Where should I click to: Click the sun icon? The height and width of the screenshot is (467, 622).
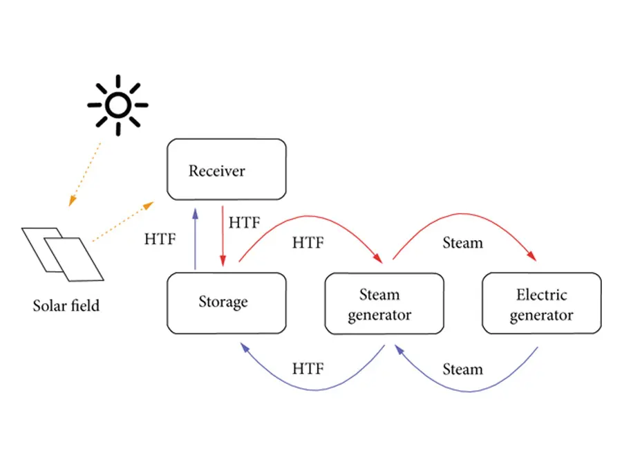[117, 105]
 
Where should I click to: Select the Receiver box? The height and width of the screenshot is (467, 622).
[226, 170]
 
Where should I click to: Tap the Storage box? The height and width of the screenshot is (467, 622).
[226, 302]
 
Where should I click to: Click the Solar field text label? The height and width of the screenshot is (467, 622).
[66, 304]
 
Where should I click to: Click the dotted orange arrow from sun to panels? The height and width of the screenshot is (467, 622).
[85, 173]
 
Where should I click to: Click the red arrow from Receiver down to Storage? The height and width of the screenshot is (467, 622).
[223, 235]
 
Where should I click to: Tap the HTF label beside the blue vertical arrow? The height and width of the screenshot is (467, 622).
[160, 239]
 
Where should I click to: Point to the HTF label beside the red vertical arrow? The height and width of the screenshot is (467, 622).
[245, 223]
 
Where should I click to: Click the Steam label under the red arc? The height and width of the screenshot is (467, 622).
[462, 243]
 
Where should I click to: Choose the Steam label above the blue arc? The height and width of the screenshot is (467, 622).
[462, 369]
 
